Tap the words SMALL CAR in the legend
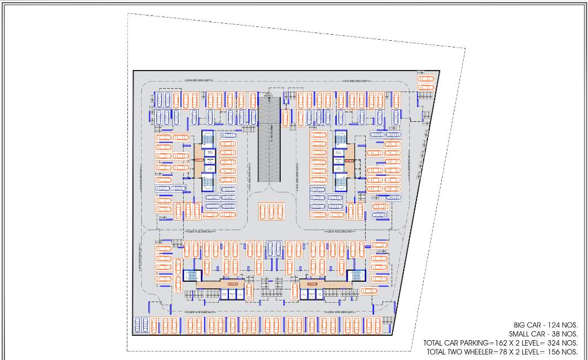526,334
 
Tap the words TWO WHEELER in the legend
469,352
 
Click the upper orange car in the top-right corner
426,79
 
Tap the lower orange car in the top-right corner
426,87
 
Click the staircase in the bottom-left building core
190,275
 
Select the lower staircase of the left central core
208,181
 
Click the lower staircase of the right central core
340,181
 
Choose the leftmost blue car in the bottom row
138,325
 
